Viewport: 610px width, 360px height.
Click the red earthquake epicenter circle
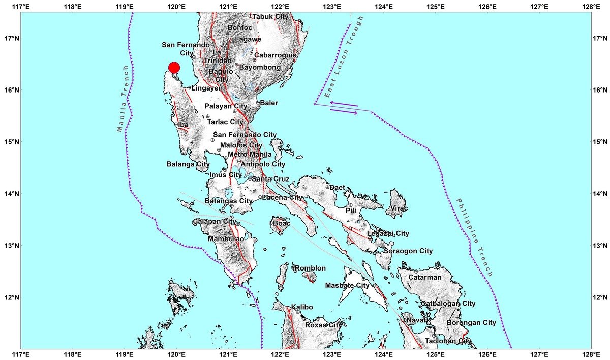[x=174, y=68]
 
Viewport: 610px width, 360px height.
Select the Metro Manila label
[x=250, y=154]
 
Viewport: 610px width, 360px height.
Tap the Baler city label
[x=269, y=103]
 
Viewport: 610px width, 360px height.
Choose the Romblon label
[x=310, y=268]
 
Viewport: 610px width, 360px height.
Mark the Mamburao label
[x=225, y=238]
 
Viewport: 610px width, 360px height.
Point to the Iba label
[x=183, y=124]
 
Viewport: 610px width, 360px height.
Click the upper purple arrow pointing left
[x=344, y=104]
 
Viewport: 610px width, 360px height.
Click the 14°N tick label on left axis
[x=11, y=194]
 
